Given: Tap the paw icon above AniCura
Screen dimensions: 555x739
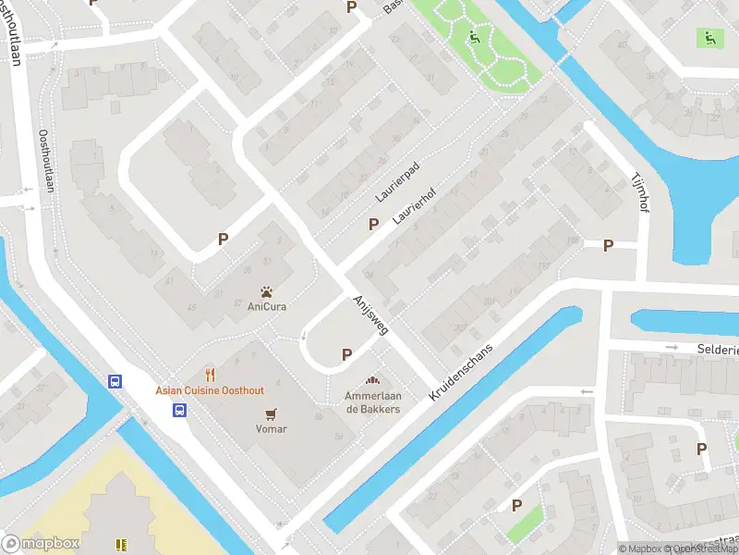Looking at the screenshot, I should pyautogui.click(x=266, y=290).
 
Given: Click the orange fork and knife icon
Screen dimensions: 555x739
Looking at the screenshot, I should pyautogui.click(x=211, y=376).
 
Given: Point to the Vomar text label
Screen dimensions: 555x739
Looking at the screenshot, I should pyautogui.click(x=271, y=428).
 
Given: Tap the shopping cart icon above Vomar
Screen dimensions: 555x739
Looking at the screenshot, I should pyautogui.click(x=271, y=413).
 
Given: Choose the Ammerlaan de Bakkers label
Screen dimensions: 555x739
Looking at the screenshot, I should pyautogui.click(x=373, y=402).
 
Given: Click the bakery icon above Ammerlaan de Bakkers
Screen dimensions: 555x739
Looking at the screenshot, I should pyautogui.click(x=373, y=380).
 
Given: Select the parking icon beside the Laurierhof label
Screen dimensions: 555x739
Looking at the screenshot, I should pyautogui.click(x=373, y=223).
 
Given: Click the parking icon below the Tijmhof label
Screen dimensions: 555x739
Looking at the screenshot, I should pyautogui.click(x=608, y=245).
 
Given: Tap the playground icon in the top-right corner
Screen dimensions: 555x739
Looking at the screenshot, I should pyautogui.click(x=709, y=38).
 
